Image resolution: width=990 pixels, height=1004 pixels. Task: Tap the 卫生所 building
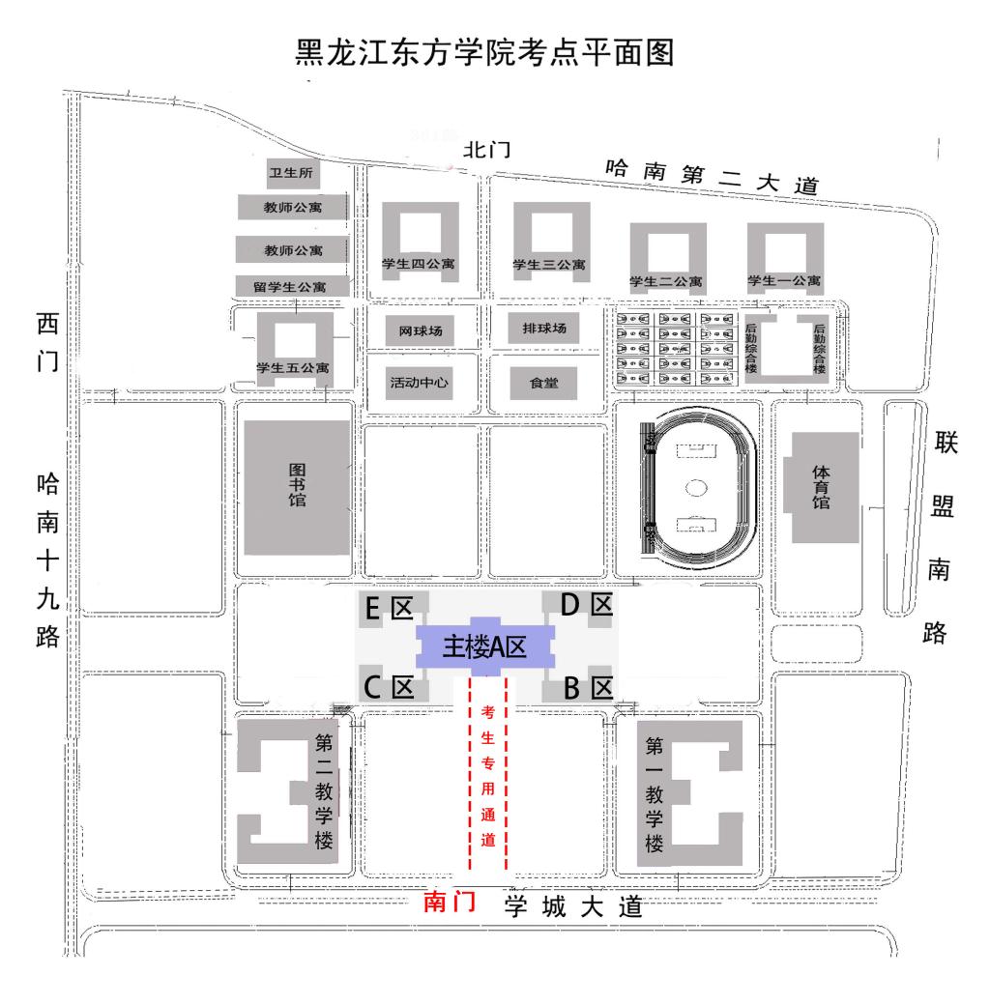[x=291, y=173]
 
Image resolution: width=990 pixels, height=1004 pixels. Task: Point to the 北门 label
[x=485, y=150]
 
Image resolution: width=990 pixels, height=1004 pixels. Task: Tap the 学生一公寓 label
[x=784, y=281]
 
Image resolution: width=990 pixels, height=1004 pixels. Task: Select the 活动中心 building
[x=419, y=381]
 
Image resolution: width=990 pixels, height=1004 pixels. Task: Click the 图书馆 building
[x=297, y=487]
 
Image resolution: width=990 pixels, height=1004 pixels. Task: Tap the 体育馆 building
[x=822, y=487]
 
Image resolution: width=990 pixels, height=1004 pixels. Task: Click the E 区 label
[x=389, y=607]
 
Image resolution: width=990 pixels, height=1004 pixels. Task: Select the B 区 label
[x=588, y=687]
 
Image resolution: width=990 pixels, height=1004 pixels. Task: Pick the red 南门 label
[x=451, y=903]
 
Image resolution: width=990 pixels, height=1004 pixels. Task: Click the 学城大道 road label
[x=572, y=906]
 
